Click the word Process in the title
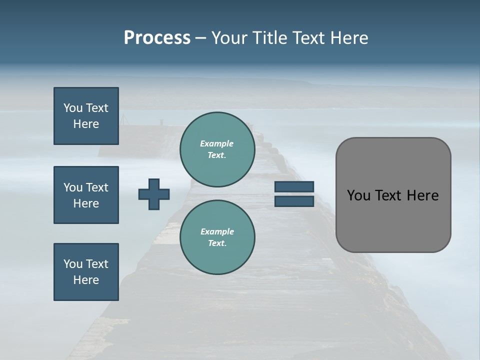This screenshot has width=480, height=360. coord(157,38)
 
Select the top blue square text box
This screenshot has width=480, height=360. coord(86,116)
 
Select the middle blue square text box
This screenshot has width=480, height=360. coord(86,195)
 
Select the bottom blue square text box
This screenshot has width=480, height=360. coord(86,272)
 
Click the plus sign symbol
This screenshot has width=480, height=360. coord(154,194)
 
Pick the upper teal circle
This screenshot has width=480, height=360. coord(217,149)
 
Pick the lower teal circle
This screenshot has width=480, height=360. coord(217,237)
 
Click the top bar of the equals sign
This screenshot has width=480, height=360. coord(294,186)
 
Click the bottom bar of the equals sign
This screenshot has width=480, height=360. coord(294,201)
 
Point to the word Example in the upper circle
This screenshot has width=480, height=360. coord(216,143)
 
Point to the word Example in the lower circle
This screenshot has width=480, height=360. coord(217,231)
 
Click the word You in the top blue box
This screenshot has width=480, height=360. coord(72,108)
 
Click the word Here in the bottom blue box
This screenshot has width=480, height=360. coord(86,280)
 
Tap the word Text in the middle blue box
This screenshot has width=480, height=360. coord(96,187)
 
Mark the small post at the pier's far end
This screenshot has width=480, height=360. coord(161,121)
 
